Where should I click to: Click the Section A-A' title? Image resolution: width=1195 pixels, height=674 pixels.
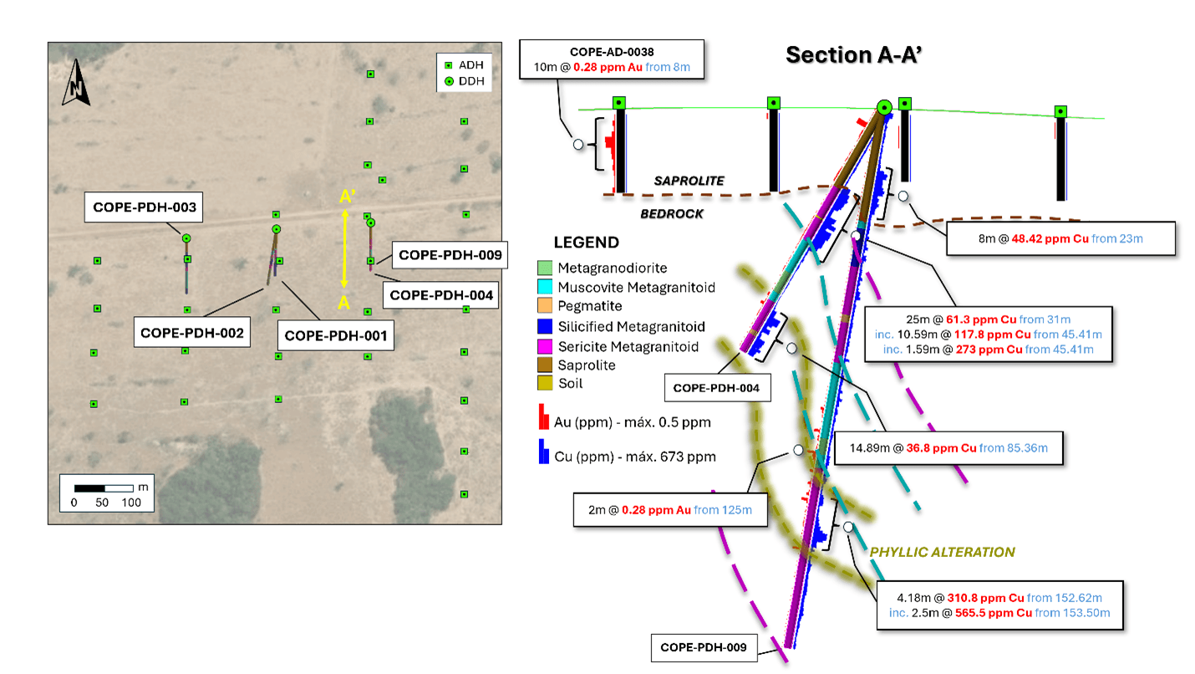coord(858,55)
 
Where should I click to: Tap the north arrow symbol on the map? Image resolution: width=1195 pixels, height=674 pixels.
coord(76,84)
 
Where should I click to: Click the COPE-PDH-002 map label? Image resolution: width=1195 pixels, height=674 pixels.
coord(191,332)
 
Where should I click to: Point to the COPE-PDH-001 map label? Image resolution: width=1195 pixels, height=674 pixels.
coord(336,336)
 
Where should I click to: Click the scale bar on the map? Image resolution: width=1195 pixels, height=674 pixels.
coord(104,488)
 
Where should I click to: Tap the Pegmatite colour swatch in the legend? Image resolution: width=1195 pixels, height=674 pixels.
coord(545,307)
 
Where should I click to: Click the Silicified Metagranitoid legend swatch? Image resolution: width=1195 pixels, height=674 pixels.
coord(545,326)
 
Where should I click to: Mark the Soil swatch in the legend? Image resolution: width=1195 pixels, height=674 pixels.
coord(545,384)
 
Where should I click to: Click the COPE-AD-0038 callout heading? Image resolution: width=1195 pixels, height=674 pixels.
coord(612,51)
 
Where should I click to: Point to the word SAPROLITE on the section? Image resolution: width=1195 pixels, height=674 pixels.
coord(689,181)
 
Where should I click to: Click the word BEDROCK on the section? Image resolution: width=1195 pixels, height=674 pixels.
coord(672,213)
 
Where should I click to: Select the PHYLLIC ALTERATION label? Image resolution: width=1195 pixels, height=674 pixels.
coord(942,552)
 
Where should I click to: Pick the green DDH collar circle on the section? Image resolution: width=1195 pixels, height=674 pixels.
coord(884,107)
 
